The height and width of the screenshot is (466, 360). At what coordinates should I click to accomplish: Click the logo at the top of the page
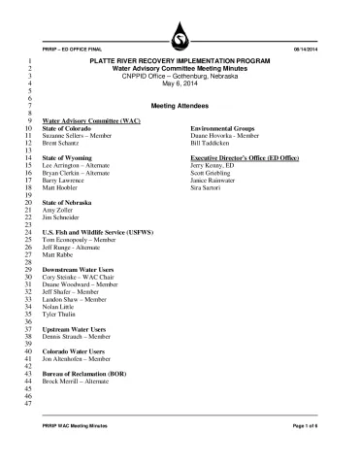click(x=180, y=39)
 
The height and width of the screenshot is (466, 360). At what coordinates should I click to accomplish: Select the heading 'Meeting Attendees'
click(x=180, y=104)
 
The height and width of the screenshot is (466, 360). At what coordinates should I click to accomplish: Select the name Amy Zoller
click(x=59, y=209)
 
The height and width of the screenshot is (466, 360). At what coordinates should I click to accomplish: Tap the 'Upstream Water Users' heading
click(x=75, y=329)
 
